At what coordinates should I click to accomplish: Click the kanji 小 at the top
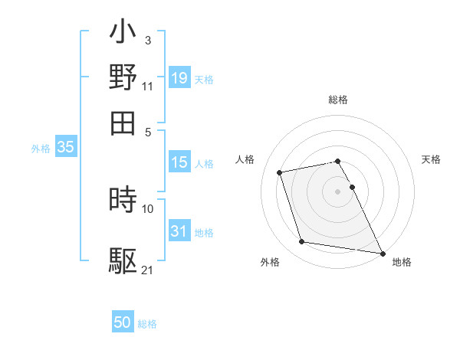[123, 34]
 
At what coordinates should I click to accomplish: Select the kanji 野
[123, 77]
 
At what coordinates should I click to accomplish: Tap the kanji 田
[123, 121]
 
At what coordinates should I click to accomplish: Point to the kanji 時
[123, 200]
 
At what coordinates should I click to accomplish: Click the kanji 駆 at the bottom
[123, 261]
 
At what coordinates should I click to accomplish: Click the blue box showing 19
[179, 78]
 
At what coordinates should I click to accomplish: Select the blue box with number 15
[179, 162]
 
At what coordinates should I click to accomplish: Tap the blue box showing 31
[179, 231]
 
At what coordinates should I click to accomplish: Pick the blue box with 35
[65, 148]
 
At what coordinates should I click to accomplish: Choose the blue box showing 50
[123, 322]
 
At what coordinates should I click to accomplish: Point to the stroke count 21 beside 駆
[148, 269]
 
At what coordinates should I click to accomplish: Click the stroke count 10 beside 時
[148, 208]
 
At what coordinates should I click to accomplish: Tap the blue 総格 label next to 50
[148, 324]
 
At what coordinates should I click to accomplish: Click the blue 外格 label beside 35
[41, 149]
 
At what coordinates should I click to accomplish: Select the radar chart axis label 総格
[338, 100]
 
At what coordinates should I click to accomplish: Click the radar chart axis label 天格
[432, 159]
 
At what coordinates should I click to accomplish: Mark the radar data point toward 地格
[381, 252]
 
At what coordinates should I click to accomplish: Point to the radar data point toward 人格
[280, 172]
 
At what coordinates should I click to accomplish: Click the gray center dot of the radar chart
[338, 191]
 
